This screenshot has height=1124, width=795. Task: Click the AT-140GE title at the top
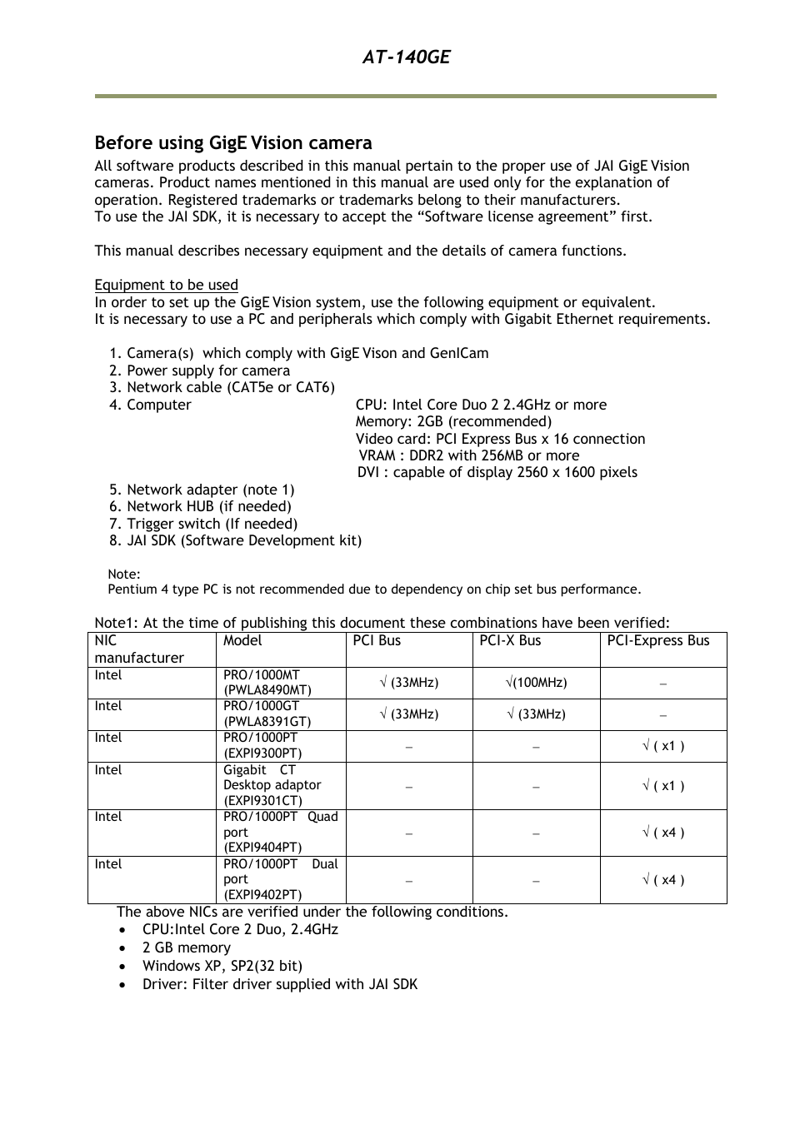406,57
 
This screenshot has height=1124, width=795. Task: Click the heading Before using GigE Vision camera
232,142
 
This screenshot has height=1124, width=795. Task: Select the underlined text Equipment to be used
166,285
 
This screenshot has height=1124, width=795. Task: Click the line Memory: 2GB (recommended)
452,421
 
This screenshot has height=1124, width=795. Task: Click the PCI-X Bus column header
509,640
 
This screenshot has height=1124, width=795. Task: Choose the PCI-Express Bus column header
657,640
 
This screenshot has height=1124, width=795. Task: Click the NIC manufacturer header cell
138,649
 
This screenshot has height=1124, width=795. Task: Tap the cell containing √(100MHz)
535,683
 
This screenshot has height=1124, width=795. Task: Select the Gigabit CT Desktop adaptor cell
272,785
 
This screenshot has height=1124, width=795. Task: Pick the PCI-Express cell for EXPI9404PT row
662,833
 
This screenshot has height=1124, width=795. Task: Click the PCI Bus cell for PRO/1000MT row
408,683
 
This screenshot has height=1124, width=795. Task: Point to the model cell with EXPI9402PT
280,879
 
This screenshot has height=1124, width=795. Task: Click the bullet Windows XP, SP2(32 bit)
222,966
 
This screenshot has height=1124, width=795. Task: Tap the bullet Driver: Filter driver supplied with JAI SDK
279,984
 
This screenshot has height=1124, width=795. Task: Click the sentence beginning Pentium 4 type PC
374,589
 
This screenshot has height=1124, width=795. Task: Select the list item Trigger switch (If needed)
212,524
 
